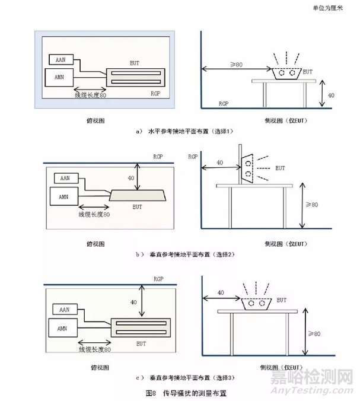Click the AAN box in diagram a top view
(x=62, y=60)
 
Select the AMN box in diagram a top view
(x=61, y=78)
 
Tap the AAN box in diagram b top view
(x=65, y=178)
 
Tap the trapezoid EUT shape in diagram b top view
(x=138, y=195)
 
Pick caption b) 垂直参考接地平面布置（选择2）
(x=184, y=254)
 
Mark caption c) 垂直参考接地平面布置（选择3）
(x=184, y=377)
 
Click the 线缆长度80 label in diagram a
(x=90, y=95)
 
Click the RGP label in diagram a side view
(x=224, y=103)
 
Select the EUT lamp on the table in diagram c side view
(x=259, y=303)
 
